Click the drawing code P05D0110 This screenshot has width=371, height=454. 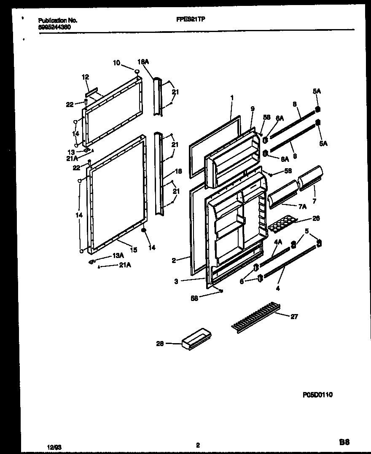point(317,395)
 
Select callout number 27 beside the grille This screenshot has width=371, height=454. point(294,317)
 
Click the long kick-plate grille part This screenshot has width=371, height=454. point(255,317)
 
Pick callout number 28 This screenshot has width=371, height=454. point(160,344)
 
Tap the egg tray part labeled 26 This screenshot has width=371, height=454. point(281,224)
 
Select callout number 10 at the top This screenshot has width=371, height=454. point(116,63)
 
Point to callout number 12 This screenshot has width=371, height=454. point(85,77)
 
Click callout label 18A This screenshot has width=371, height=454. point(143,62)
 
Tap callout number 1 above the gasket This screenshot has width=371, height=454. point(232,98)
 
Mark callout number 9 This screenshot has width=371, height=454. point(252,109)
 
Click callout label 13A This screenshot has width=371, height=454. point(118,256)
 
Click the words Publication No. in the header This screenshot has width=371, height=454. point(58,20)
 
